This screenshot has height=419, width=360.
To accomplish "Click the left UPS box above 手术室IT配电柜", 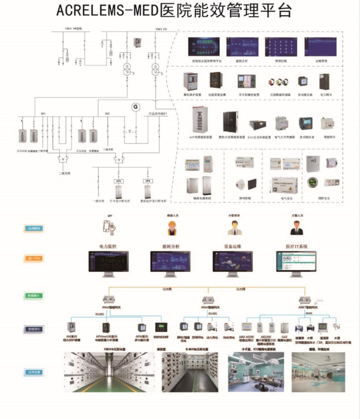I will [x=119, y=181].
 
